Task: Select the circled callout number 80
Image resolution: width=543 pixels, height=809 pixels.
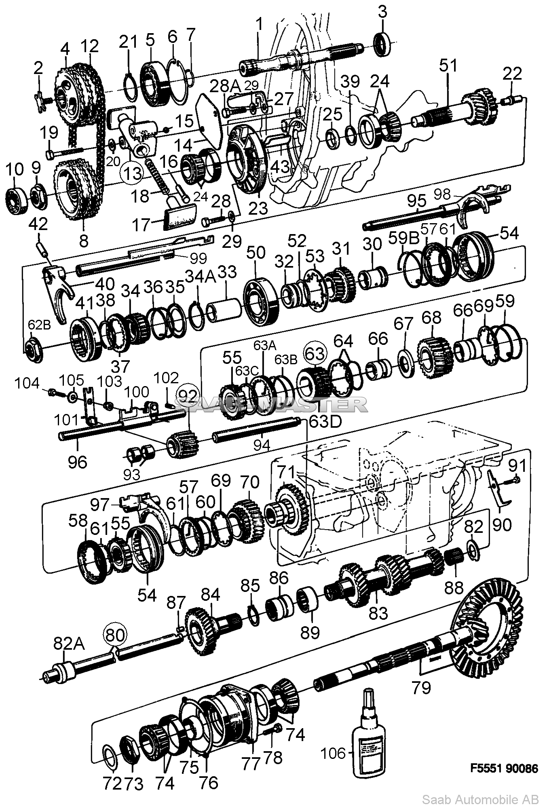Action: [x=116, y=635]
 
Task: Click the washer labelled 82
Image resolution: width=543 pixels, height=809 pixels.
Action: [x=472, y=550]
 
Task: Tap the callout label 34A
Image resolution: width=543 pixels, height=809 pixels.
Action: [x=198, y=277]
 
